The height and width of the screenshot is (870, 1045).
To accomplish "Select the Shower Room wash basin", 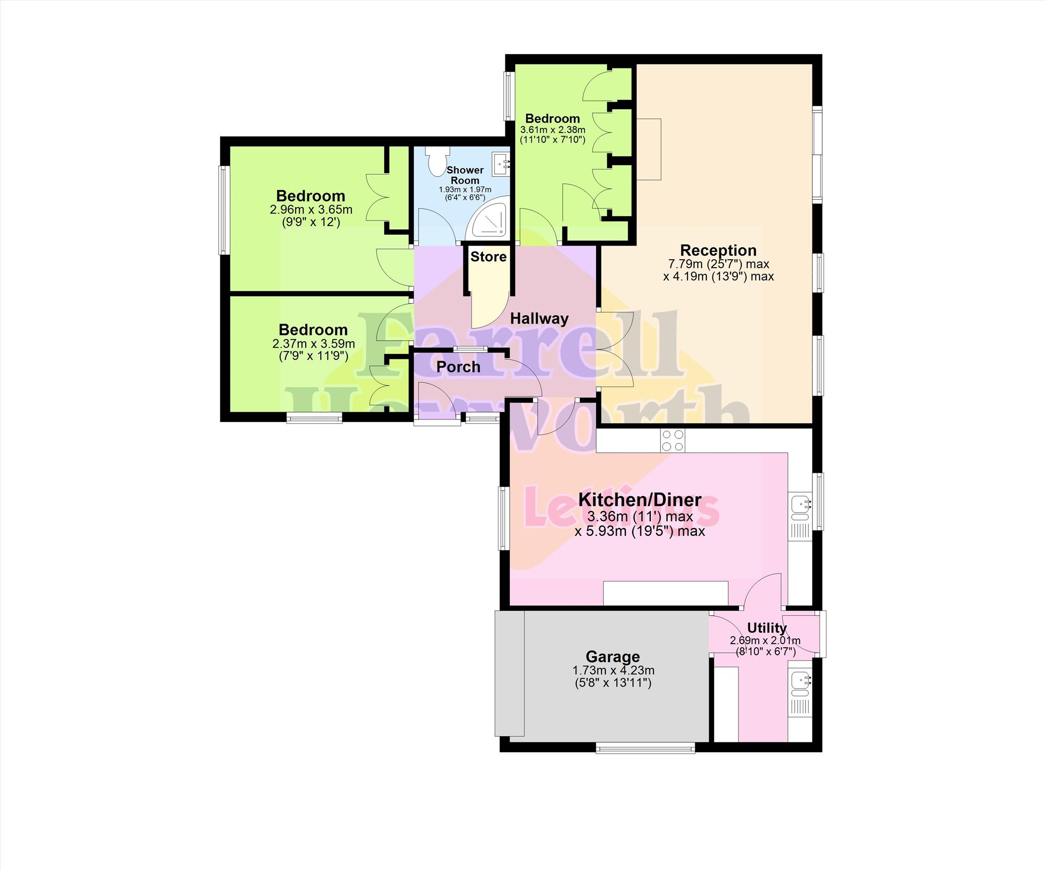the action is (501, 163).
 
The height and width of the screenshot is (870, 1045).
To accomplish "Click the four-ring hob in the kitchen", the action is (672, 440).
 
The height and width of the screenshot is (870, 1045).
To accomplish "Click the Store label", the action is (488, 257).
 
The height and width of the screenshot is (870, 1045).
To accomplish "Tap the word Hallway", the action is (540, 319).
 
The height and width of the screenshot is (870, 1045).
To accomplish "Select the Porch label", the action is (458, 367).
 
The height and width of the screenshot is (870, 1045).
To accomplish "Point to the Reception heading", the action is (718, 250).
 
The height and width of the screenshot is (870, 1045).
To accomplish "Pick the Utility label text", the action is (767, 628).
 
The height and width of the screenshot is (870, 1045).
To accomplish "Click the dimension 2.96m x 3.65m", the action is (311, 209).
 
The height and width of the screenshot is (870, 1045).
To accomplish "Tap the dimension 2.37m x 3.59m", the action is (314, 344).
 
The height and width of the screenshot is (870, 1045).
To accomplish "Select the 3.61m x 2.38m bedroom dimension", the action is (553, 130).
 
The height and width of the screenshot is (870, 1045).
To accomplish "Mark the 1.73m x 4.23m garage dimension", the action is (613, 670).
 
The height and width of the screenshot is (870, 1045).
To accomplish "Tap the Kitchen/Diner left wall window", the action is (504, 518).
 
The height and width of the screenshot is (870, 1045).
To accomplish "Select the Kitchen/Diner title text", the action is (640, 500).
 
